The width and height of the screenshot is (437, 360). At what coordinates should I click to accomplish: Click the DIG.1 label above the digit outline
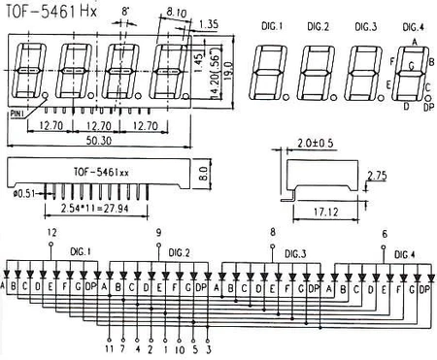coord(275,24)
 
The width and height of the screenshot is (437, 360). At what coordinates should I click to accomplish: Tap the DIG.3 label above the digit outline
coord(365,24)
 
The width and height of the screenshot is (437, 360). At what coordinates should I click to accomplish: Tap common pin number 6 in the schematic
coord(386,235)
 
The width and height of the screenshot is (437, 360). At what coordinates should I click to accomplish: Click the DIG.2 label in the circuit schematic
coord(178,253)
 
